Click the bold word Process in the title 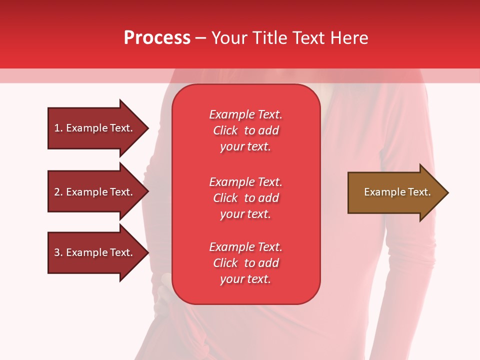[157, 38]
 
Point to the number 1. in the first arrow [58, 128]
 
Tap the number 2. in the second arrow [58, 192]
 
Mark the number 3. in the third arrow [58, 252]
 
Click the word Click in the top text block [225, 130]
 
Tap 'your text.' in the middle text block [245, 214]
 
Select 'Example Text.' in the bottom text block [245, 247]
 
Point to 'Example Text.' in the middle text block [245, 182]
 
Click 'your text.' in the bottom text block [245, 279]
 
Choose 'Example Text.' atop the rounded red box [245, 114]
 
